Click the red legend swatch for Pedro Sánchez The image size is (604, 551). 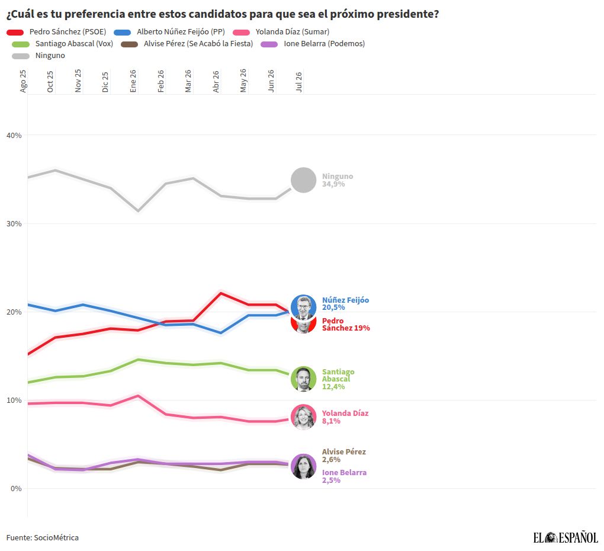pos(15,33)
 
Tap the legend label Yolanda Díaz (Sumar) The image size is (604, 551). pos(293,32)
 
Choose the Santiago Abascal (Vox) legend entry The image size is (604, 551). pos(74,44)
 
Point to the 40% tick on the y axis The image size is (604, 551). pos(14,135)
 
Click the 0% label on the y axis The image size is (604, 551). pos(16,489)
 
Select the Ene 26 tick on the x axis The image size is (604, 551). pos(133,81)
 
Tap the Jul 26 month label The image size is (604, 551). pos(299,82)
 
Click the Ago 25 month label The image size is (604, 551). pos(23,81)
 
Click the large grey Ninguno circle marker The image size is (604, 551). pos(304,180)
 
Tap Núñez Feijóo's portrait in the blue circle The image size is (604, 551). pos(304,307)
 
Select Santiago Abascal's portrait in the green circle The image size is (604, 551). pos(304,379)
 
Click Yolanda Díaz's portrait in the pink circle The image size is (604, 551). pos(304,417)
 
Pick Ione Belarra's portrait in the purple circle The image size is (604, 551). pos(304,466)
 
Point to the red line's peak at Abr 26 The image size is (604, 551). pos(221,293)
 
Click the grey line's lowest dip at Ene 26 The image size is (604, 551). pos(138,211)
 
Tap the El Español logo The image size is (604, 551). pos(566,537)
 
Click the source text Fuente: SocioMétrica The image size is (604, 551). pos(43,537)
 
